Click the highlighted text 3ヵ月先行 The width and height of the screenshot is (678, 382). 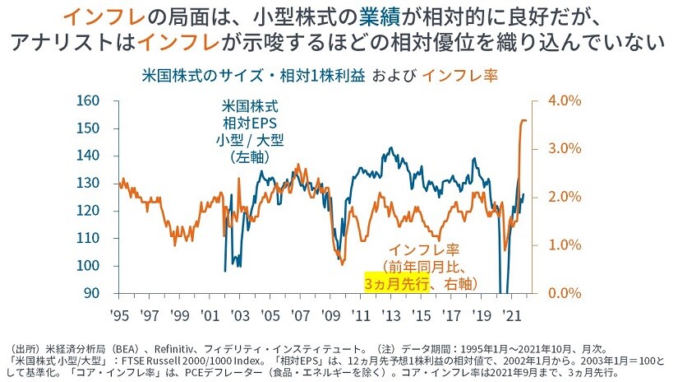coord(398,283)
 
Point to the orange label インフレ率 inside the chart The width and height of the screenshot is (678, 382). coord(422,249)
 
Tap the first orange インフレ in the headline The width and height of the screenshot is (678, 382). coord(98,16)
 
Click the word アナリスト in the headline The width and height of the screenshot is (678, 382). coord(74,42)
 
